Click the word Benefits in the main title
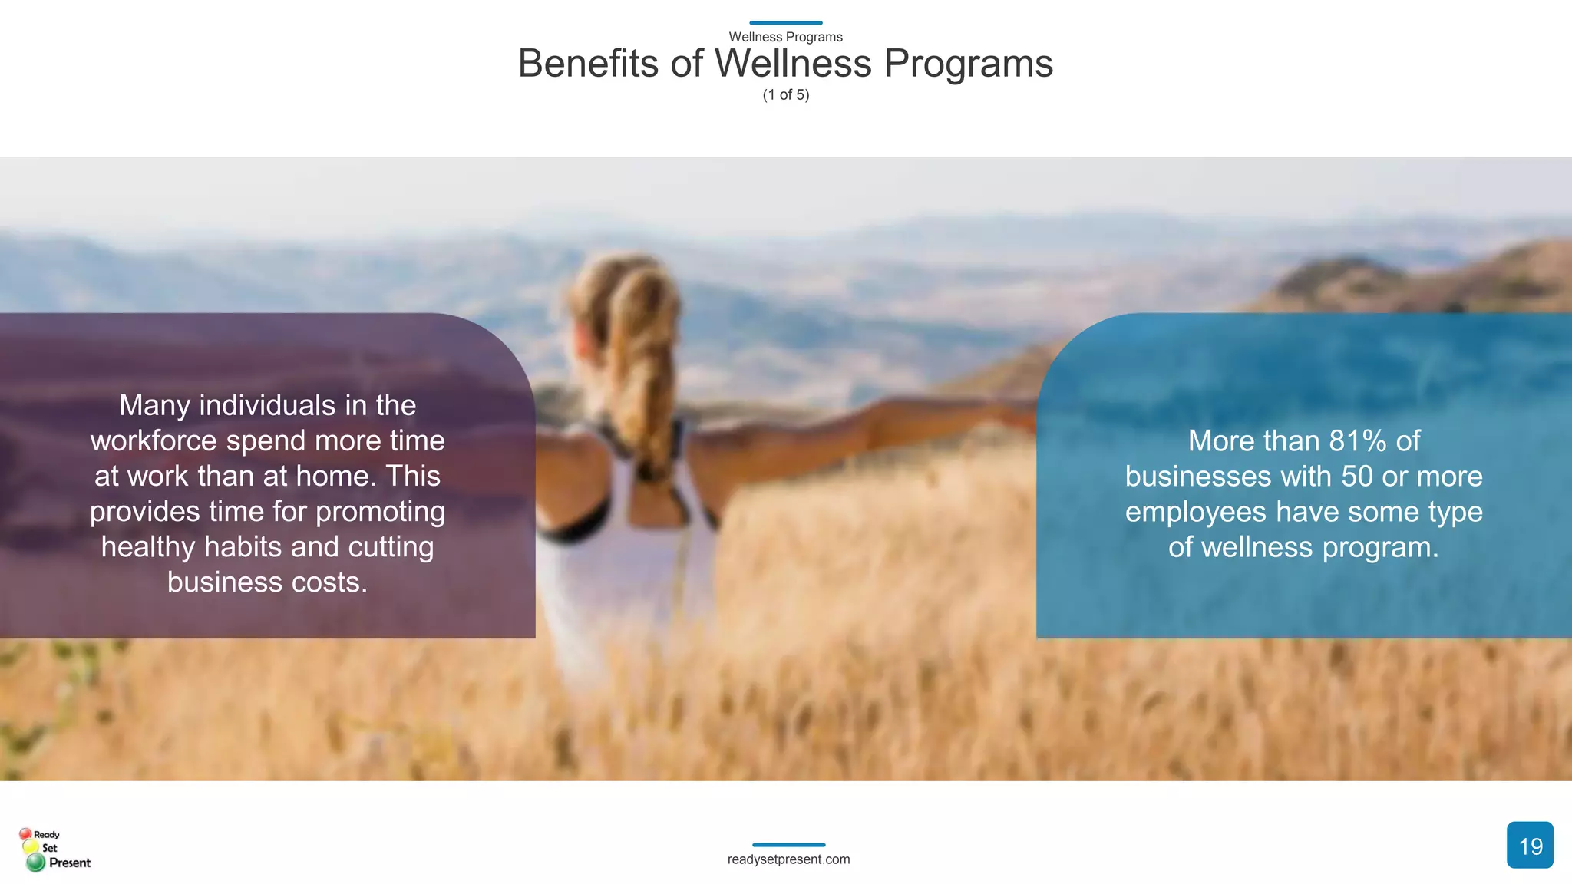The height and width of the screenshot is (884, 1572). tap(588, 63)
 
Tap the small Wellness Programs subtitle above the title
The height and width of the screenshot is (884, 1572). tap(785, 37)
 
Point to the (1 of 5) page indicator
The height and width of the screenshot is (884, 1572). tap(785, 95)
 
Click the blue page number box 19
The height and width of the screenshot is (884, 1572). tap(1529, 845)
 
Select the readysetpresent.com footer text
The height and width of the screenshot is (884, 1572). tap(788, 859)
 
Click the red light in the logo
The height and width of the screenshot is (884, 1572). tap(25, 834)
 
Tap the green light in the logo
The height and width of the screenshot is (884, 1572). tap(35, 863)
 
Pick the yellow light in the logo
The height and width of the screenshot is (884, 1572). tap(31, 848)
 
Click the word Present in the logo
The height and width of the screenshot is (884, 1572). tap(70, 863)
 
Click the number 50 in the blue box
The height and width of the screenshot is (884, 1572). tap(1357, 477)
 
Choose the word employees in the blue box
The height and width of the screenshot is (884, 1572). tap(1196, 512)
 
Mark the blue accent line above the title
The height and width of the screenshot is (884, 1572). tap(785, 23)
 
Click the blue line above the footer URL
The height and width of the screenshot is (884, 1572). tap(788, 845)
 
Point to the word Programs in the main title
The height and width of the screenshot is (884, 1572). tap(968, 63)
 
